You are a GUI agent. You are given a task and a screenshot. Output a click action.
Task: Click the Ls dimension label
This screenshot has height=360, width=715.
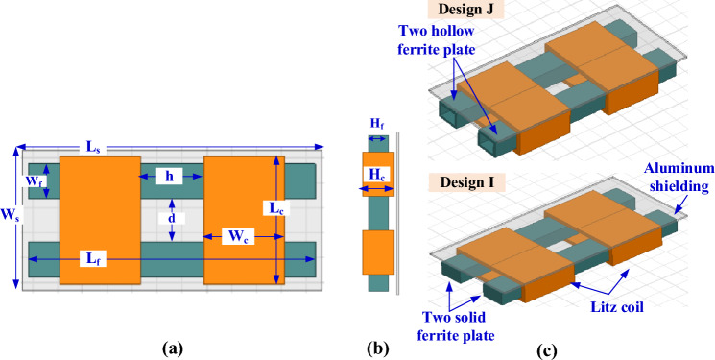(93, 148)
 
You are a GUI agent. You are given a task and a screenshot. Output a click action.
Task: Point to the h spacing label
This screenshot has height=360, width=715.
(170, 177)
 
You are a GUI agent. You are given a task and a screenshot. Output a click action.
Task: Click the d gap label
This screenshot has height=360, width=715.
(172, 219)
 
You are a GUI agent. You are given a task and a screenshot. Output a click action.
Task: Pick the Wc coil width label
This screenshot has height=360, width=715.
(238, 237)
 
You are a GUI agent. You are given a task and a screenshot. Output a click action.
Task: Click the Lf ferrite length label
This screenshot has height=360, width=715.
(92, 258)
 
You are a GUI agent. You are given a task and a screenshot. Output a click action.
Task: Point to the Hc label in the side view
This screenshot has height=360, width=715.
(376, 174)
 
